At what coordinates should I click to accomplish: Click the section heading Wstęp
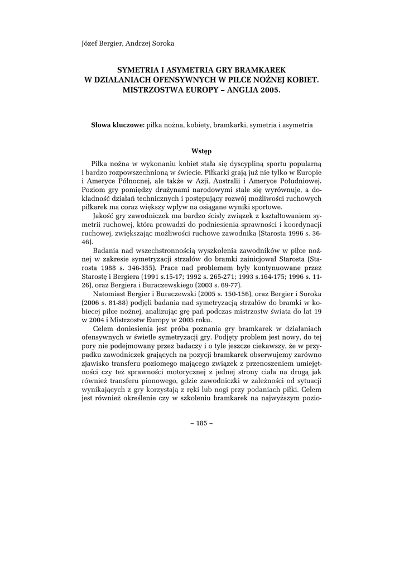[x=201, y=151]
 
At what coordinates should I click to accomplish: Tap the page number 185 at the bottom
[x=202, y=423]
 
